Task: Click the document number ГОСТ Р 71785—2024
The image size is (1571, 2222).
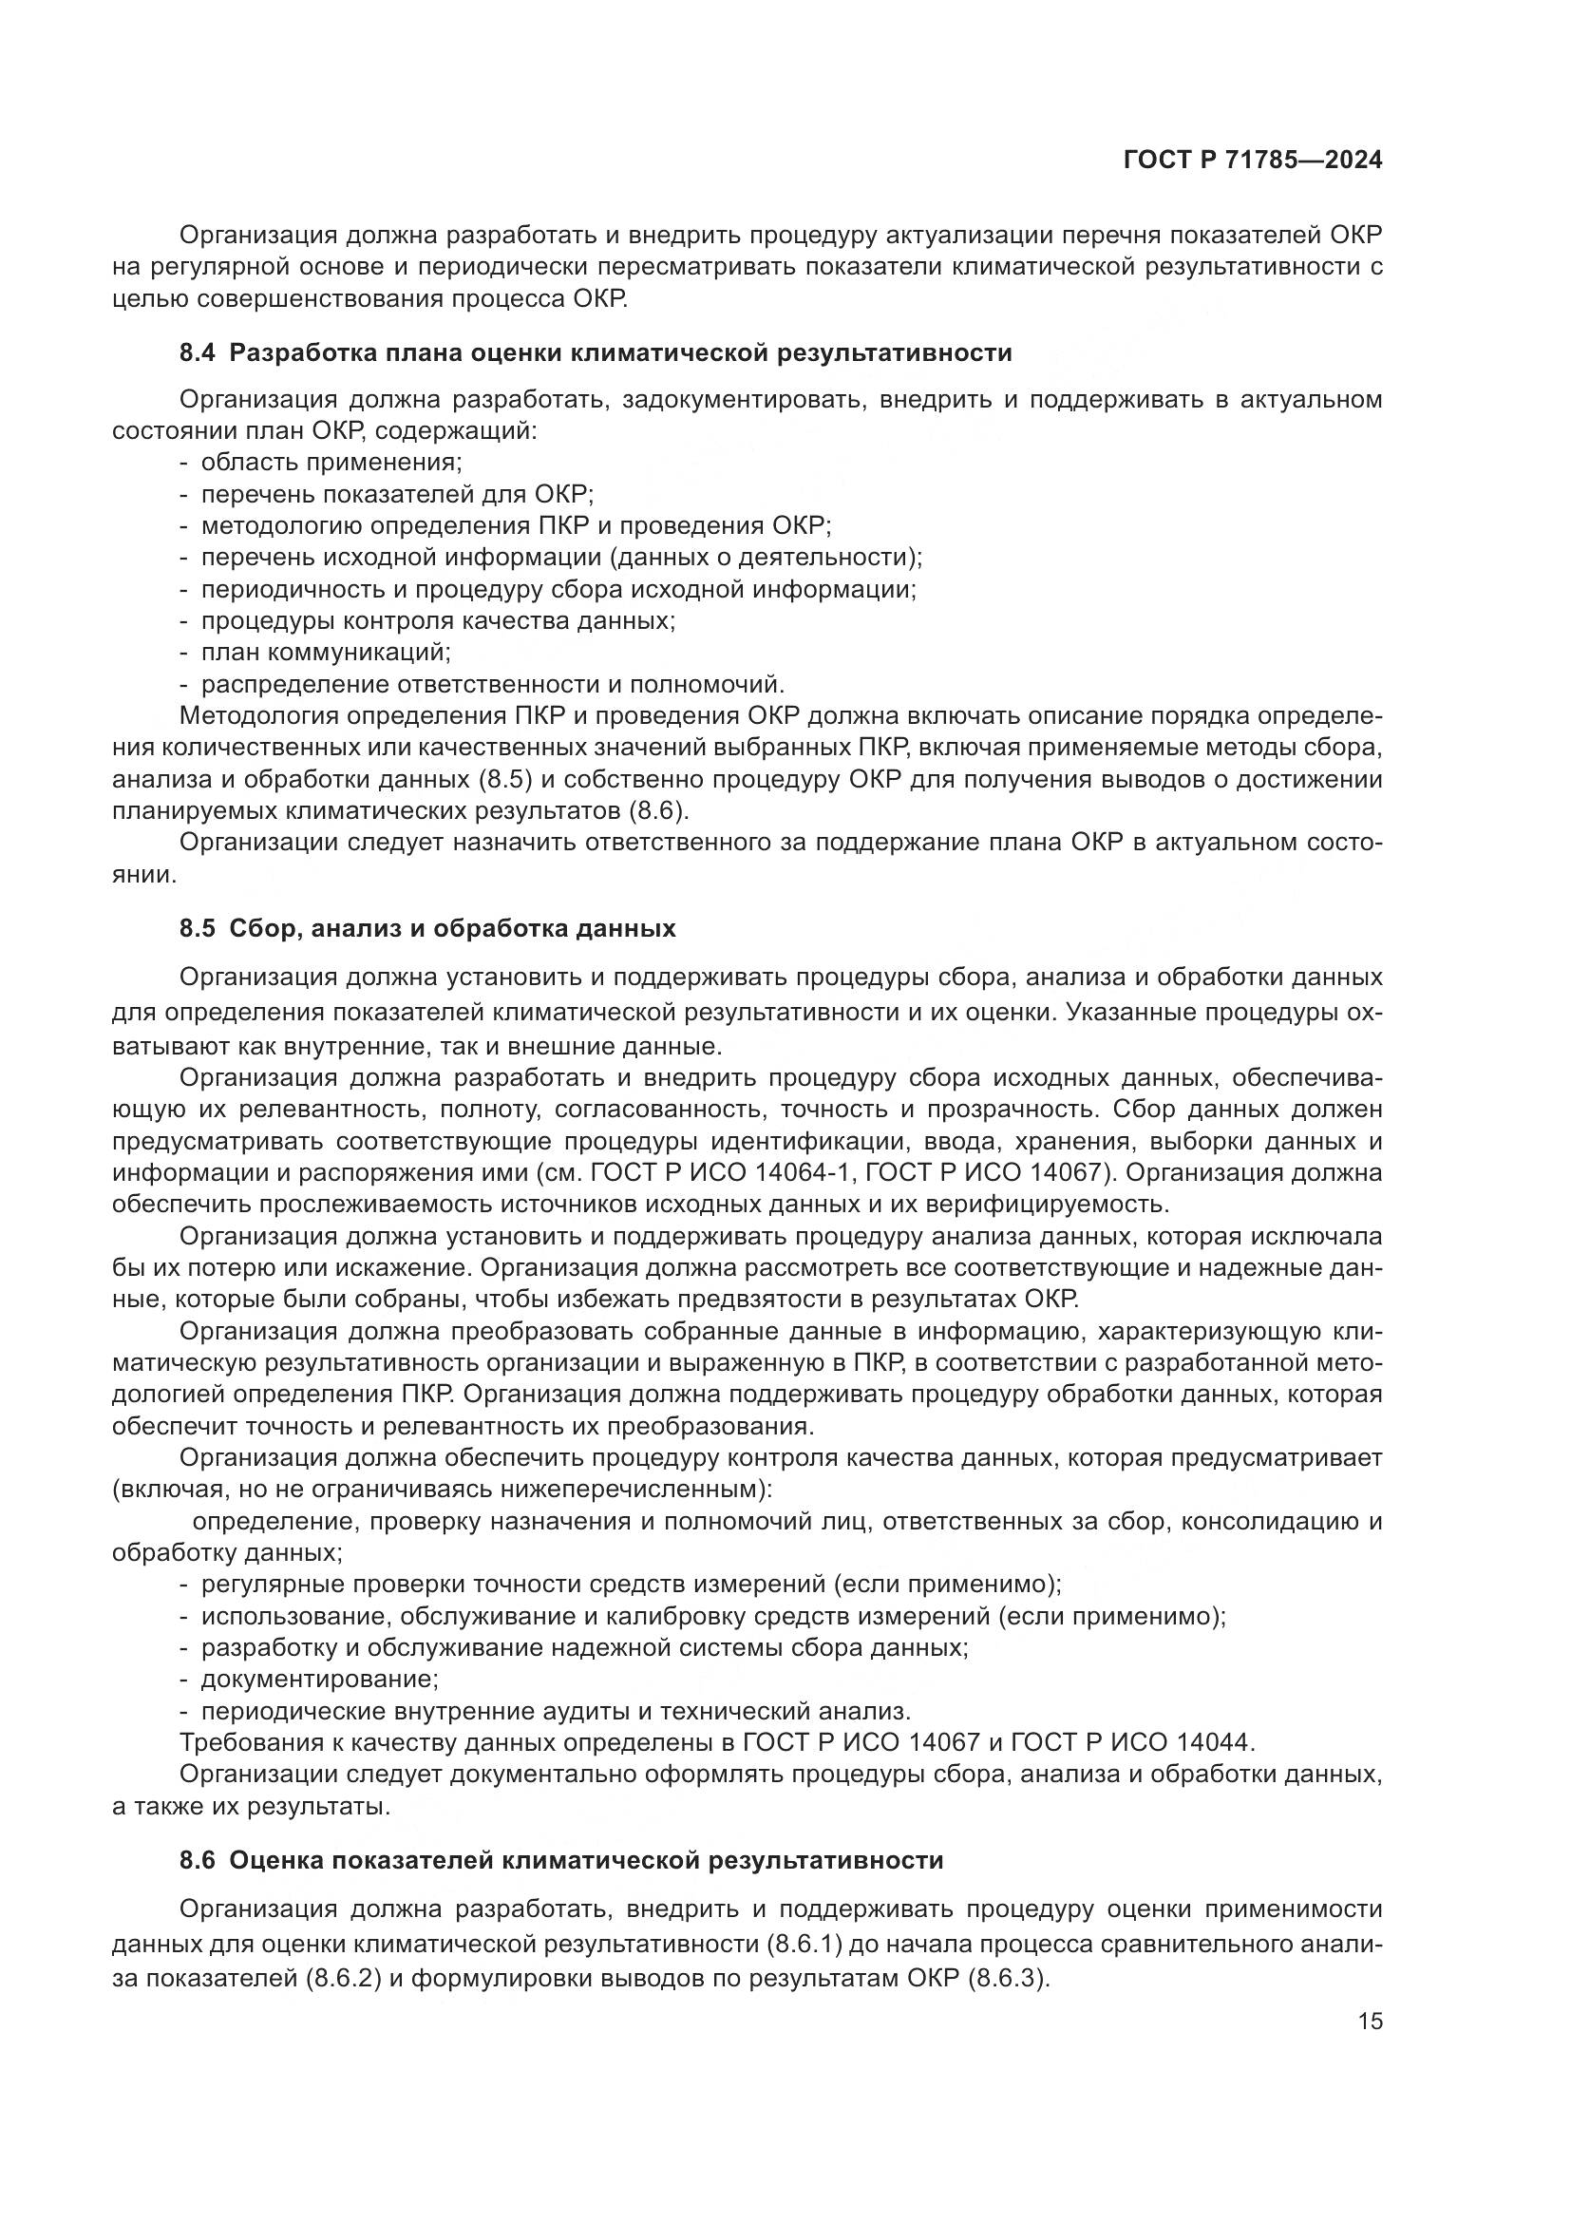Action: click(1253, 161)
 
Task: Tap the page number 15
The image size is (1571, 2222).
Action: click(1370, 2022)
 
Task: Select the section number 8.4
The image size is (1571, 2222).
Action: click(199, 353)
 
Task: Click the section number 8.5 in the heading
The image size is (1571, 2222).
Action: click(199, 929)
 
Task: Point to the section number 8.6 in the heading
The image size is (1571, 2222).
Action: click(199, 1860)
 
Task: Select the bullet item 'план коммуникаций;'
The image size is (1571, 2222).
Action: click(326, 653)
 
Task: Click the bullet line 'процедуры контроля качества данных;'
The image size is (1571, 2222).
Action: click(437, 621)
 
